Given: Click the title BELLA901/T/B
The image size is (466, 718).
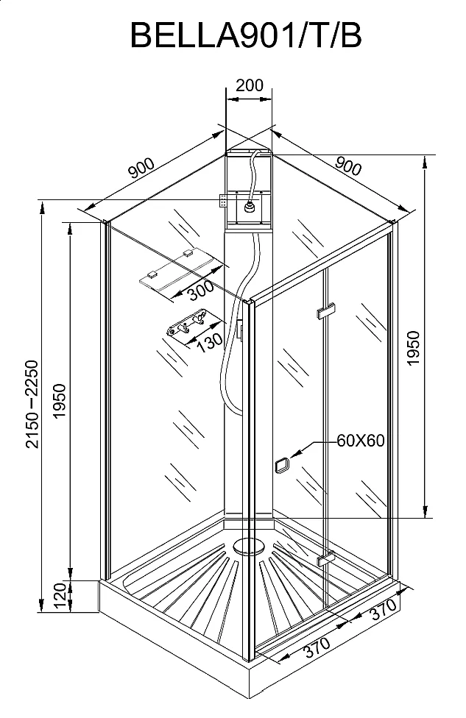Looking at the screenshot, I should (x=246, y=34).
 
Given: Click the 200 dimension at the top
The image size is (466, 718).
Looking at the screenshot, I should (x=249, y=85).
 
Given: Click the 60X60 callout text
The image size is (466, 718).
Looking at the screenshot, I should (x=361, y=441).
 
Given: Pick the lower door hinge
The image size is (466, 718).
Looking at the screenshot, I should (x=326, y=559).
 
